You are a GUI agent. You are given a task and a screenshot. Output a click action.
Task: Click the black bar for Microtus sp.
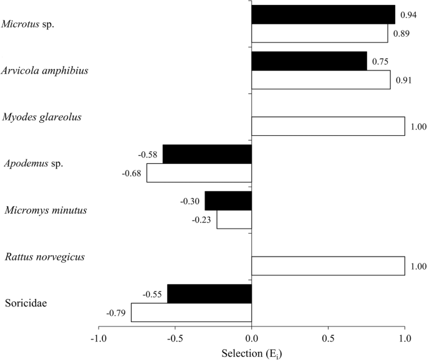coord(323,14)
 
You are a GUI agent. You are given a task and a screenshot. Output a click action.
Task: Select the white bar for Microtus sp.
coord(319,33)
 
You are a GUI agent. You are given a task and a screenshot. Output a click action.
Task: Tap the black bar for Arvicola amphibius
coord(309,61)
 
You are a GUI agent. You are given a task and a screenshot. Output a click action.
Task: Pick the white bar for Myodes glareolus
coord(328,126)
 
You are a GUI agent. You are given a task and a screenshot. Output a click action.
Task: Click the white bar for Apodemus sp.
coord(199,173)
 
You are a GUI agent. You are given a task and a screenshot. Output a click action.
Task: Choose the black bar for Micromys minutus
coord(228,201)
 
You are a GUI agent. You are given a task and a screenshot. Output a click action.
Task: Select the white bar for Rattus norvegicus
coord(328,266)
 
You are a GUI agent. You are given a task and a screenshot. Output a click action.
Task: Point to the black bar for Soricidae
coord(209,294)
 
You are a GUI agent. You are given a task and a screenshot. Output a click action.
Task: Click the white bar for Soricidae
coord(191,312)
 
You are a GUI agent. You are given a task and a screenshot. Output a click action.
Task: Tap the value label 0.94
coord(407,14)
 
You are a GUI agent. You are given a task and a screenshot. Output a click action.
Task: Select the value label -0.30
coord(190,201)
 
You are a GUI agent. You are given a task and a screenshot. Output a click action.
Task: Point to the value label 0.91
coord(403,80)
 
